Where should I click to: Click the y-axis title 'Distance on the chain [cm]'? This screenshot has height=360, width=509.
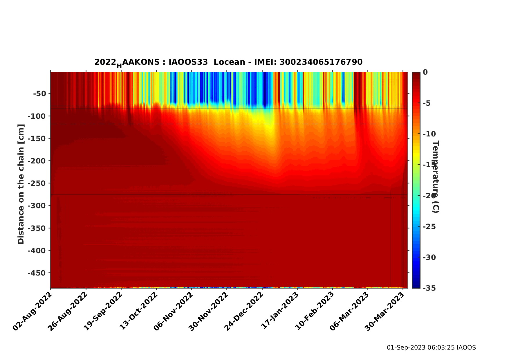point(21,184)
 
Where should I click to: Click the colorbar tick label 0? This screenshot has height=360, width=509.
point(425,72)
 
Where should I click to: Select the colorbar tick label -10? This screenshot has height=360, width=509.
point(429,134)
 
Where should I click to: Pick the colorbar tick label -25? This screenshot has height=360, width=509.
point(429,226)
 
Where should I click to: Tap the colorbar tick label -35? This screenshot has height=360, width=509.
point(429,288)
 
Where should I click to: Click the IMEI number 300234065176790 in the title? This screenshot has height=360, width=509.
point(321,62)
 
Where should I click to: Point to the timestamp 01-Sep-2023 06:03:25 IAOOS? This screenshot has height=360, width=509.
point(431,348)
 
